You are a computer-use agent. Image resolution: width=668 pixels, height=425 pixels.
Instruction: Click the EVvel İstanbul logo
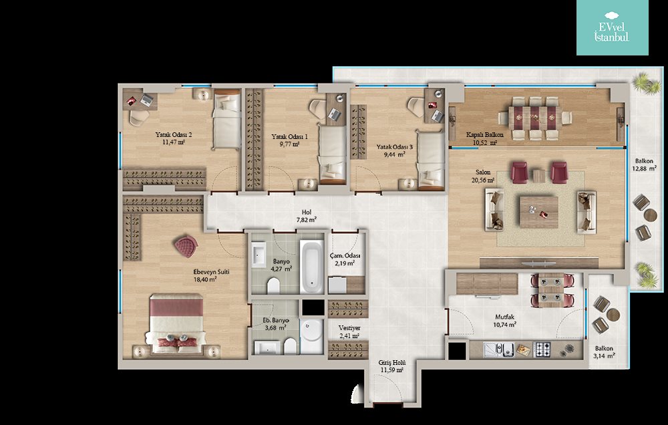click(612, 27)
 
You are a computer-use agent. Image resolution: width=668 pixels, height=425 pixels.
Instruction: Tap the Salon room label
click(483, 172)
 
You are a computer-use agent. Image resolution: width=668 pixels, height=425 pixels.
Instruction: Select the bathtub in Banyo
click(312, 267)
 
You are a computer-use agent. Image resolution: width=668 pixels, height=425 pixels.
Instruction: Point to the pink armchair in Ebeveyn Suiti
click(186, 247)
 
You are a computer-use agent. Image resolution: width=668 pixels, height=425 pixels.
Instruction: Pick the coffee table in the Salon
click(539, 212)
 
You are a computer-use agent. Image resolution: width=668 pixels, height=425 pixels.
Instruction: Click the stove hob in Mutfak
click(542, 349)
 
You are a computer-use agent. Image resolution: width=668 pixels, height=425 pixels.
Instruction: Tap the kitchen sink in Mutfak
click(499, 349)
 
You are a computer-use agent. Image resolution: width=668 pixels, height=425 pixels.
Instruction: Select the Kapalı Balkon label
click(485, 135)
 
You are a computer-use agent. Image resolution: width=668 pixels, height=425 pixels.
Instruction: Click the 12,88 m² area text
click(644, 168)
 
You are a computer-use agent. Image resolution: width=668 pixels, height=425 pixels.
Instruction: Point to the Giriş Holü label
click(392, 363)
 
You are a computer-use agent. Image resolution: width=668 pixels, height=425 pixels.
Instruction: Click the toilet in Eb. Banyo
click(290, 345)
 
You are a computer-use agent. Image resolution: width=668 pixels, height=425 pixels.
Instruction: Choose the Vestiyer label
click(349, 328)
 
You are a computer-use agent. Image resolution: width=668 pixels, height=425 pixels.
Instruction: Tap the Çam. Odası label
click(345, 256)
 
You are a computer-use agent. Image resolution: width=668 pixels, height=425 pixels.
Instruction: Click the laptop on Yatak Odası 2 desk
click(146, 100)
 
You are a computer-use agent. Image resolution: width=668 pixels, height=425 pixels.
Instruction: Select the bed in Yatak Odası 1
click(332, 154)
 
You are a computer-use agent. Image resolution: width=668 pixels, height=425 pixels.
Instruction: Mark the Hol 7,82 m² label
click(307, 216)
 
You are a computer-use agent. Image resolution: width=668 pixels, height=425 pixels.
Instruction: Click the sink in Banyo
click(259, 255)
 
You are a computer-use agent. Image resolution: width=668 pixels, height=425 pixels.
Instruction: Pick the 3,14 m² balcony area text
click(604, 356)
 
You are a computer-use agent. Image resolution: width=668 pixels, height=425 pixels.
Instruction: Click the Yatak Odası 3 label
click(395, 147)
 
